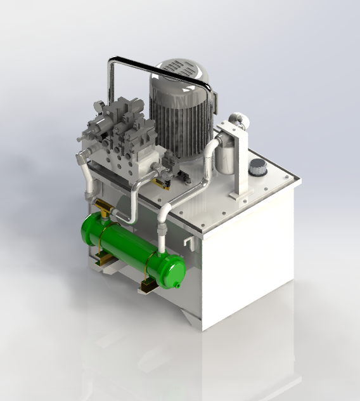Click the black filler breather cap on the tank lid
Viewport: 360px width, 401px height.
(258, 169)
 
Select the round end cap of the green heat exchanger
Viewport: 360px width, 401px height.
(172, 269)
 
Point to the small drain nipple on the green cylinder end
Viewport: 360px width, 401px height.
(178, 285)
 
